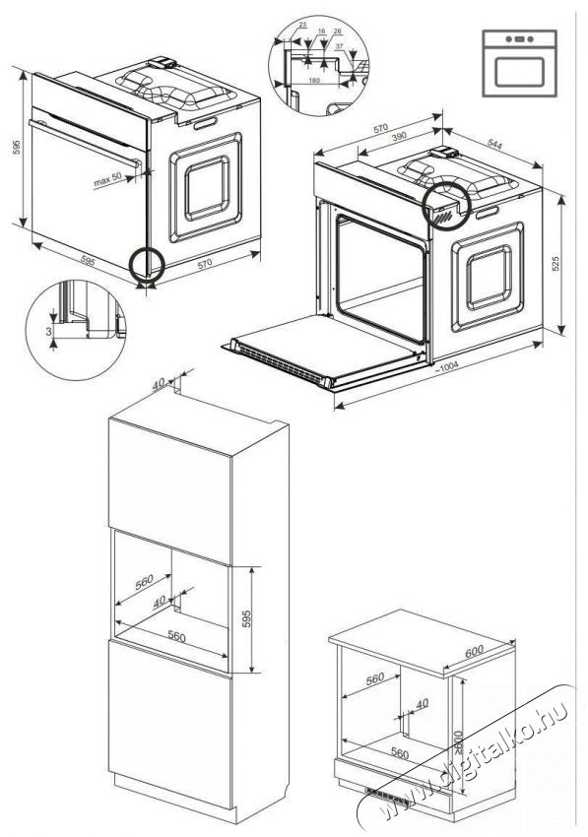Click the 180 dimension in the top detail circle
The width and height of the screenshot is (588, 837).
pos(315,80)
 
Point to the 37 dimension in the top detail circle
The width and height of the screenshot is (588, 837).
pos(340,45)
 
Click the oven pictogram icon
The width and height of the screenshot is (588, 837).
pos(519,63)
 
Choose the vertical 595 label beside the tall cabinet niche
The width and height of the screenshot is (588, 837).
pos(247,617)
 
